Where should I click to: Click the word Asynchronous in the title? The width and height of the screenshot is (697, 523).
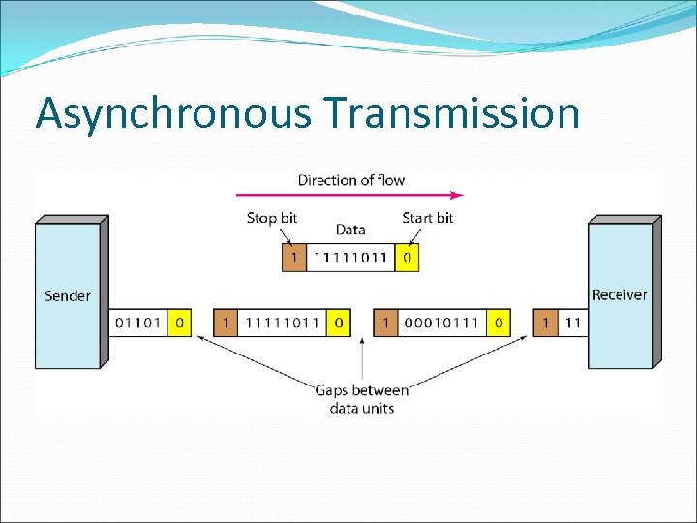tap(172, 114)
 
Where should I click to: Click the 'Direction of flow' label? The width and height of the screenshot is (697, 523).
tap(350, 180)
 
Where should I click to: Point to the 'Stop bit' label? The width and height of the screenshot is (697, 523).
tap(272, 218)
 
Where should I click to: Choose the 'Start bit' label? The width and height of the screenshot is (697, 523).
tap(427, 218)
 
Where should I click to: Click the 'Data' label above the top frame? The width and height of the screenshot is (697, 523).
tap(350, 230)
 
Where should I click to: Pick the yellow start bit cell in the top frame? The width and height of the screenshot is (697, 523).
tap(408, 257)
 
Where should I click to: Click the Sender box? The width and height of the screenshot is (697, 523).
tap(68, 295)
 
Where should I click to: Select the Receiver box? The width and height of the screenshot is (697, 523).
tap(620, 295)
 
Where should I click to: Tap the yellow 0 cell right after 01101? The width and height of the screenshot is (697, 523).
tap(178, 323)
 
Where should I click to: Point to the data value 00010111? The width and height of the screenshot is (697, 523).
tap(442, 323)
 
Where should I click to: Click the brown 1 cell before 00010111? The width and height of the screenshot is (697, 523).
tap(385, 323)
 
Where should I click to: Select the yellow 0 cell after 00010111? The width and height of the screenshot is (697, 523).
tap(499, 323)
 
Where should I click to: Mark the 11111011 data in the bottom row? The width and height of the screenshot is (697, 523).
tap(282, 323)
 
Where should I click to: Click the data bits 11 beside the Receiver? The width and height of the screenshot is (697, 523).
tap(572, 323)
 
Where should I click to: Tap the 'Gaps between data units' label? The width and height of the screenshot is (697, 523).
tap(362, 398)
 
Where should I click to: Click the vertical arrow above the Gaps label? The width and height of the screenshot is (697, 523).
tap(362, 358)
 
